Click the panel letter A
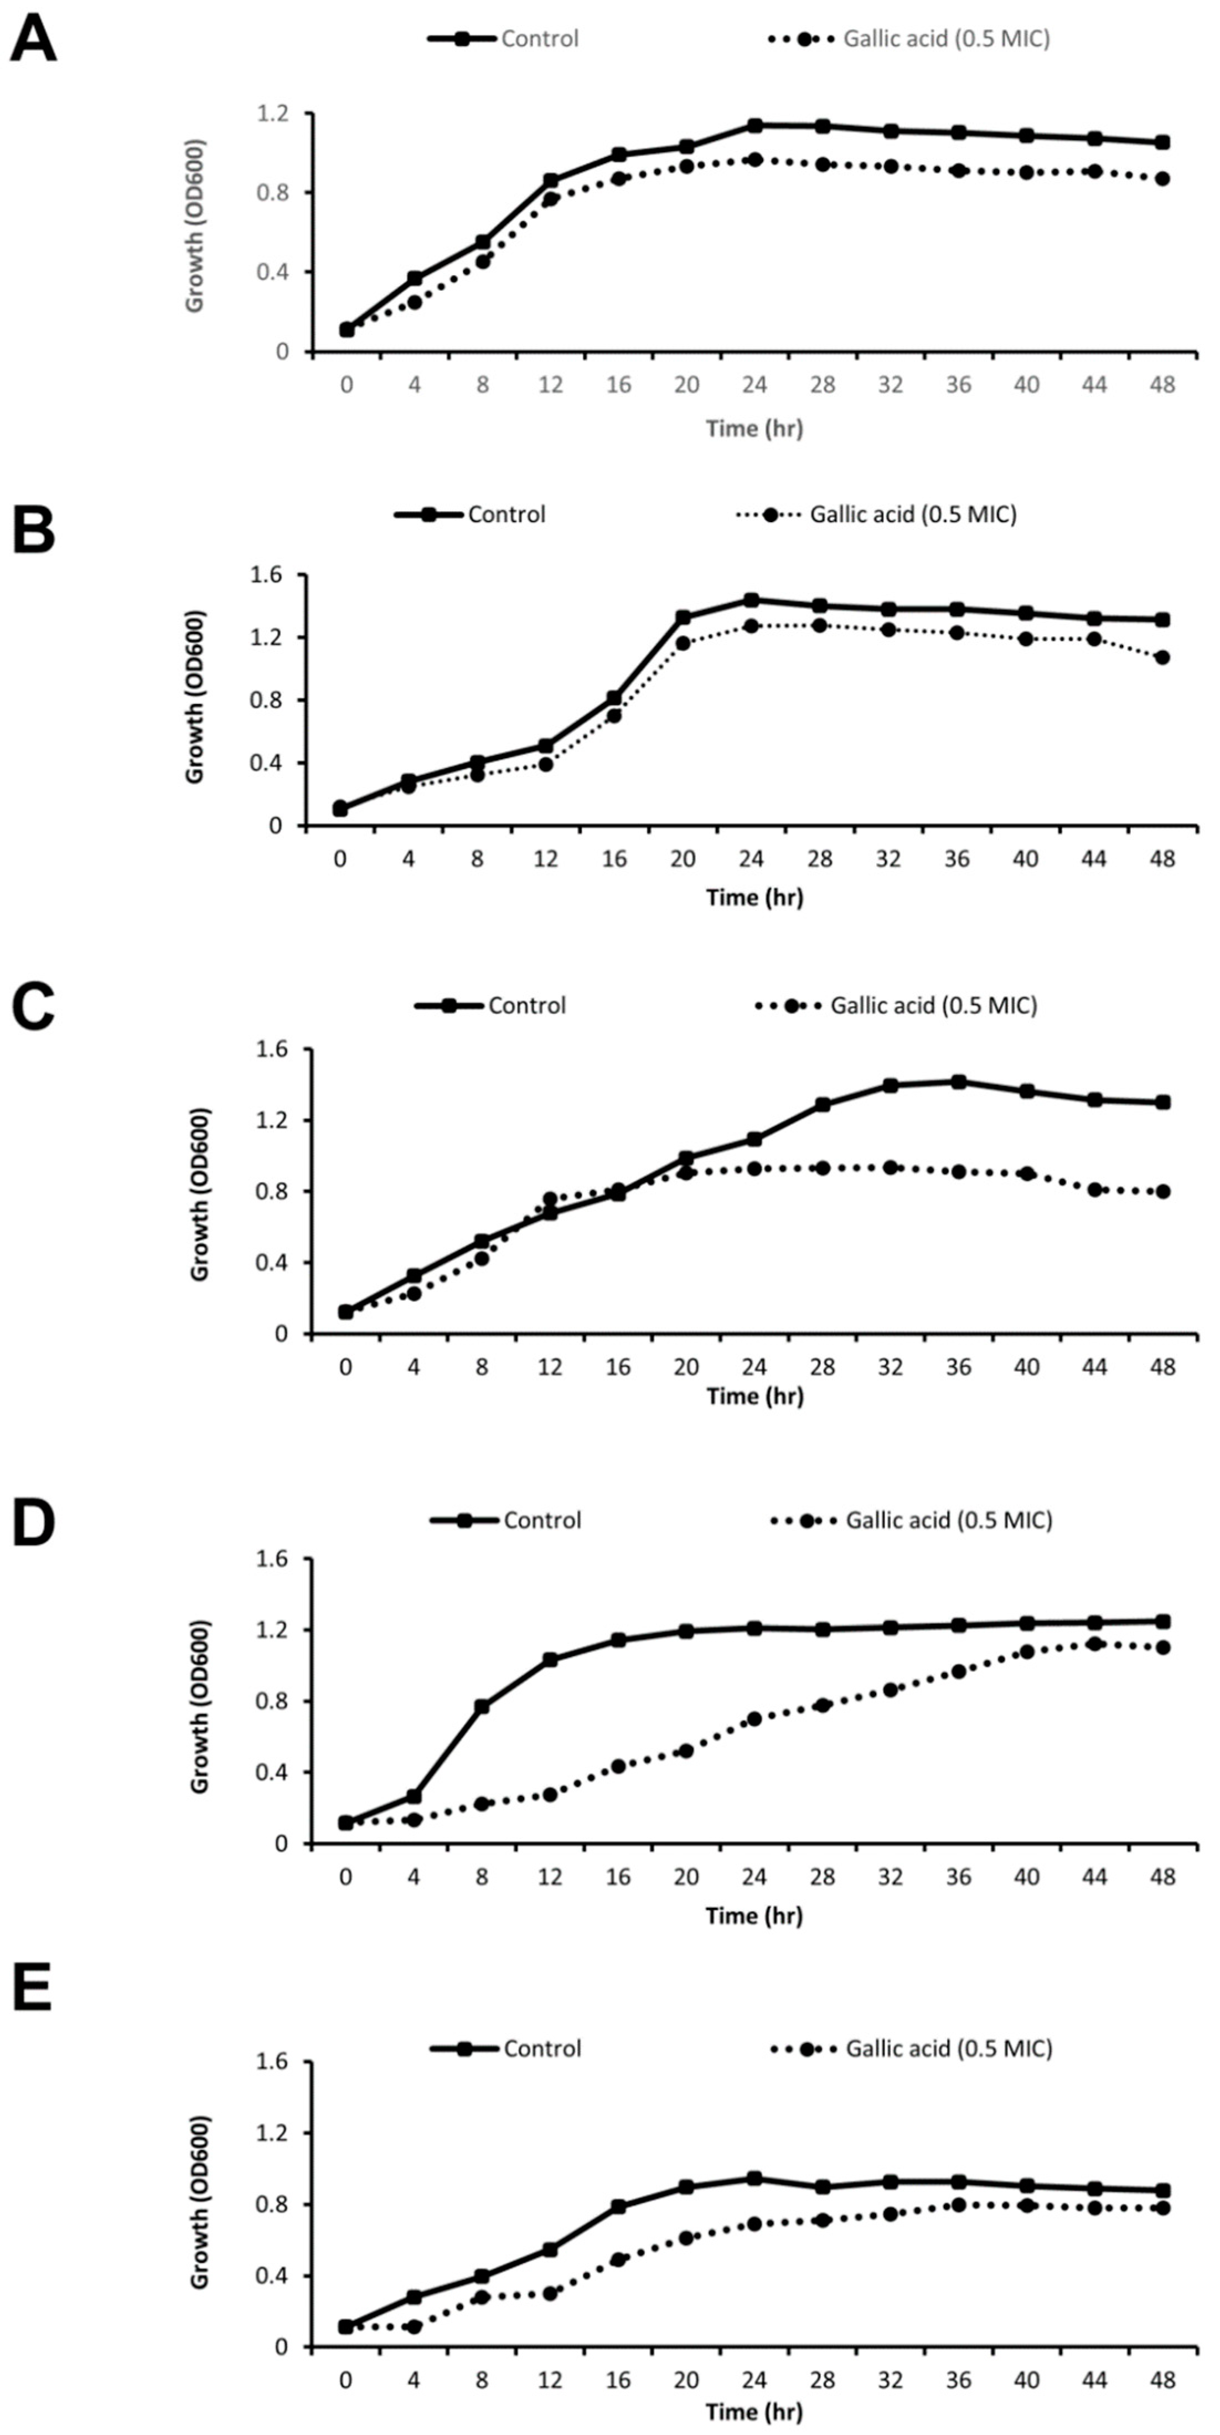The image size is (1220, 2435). [33, 40]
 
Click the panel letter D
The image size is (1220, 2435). [33, 1525]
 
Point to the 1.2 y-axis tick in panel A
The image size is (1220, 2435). [270, 114]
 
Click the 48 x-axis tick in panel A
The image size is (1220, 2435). [1162, 385]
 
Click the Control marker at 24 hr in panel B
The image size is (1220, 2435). [751, 600]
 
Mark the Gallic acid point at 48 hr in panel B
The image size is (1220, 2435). [1162, 657]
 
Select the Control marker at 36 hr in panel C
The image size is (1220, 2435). [958, 1082]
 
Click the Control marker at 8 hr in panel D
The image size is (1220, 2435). [482, 1706]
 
